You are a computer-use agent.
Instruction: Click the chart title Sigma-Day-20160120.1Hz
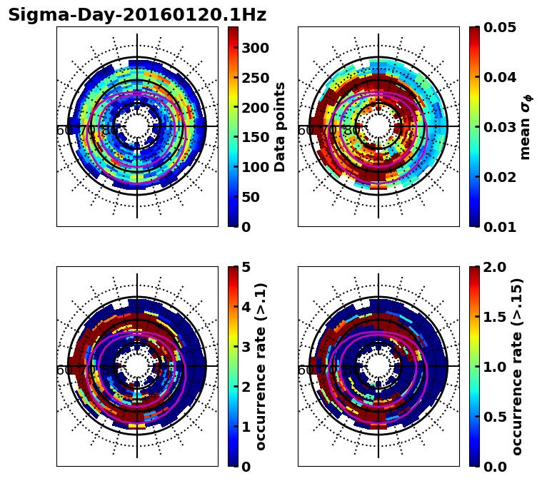(x=137, y=15)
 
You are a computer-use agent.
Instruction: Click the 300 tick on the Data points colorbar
(x=255, y=48)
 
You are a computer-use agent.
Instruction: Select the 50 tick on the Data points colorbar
(x=251, y=197)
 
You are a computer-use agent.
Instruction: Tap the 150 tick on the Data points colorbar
(x=255, y=137)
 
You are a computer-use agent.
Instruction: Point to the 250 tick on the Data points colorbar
(x=255, y=78)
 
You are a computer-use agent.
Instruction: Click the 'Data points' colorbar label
(x=280, y=127)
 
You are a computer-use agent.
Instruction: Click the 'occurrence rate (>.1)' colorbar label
(x=261, y=367)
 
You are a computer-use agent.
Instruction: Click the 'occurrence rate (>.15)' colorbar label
(x=518, y=367)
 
